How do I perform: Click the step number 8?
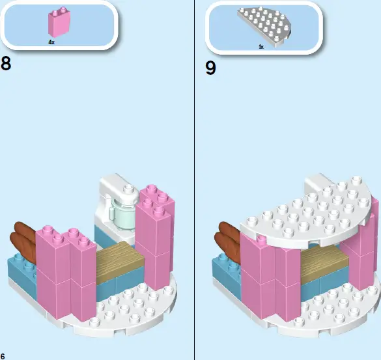click(7, 64)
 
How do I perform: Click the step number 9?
click(210, 68)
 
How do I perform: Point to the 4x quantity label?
click(51, 42)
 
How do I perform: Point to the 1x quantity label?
click(261, 47)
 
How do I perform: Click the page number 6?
click(3, 355)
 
